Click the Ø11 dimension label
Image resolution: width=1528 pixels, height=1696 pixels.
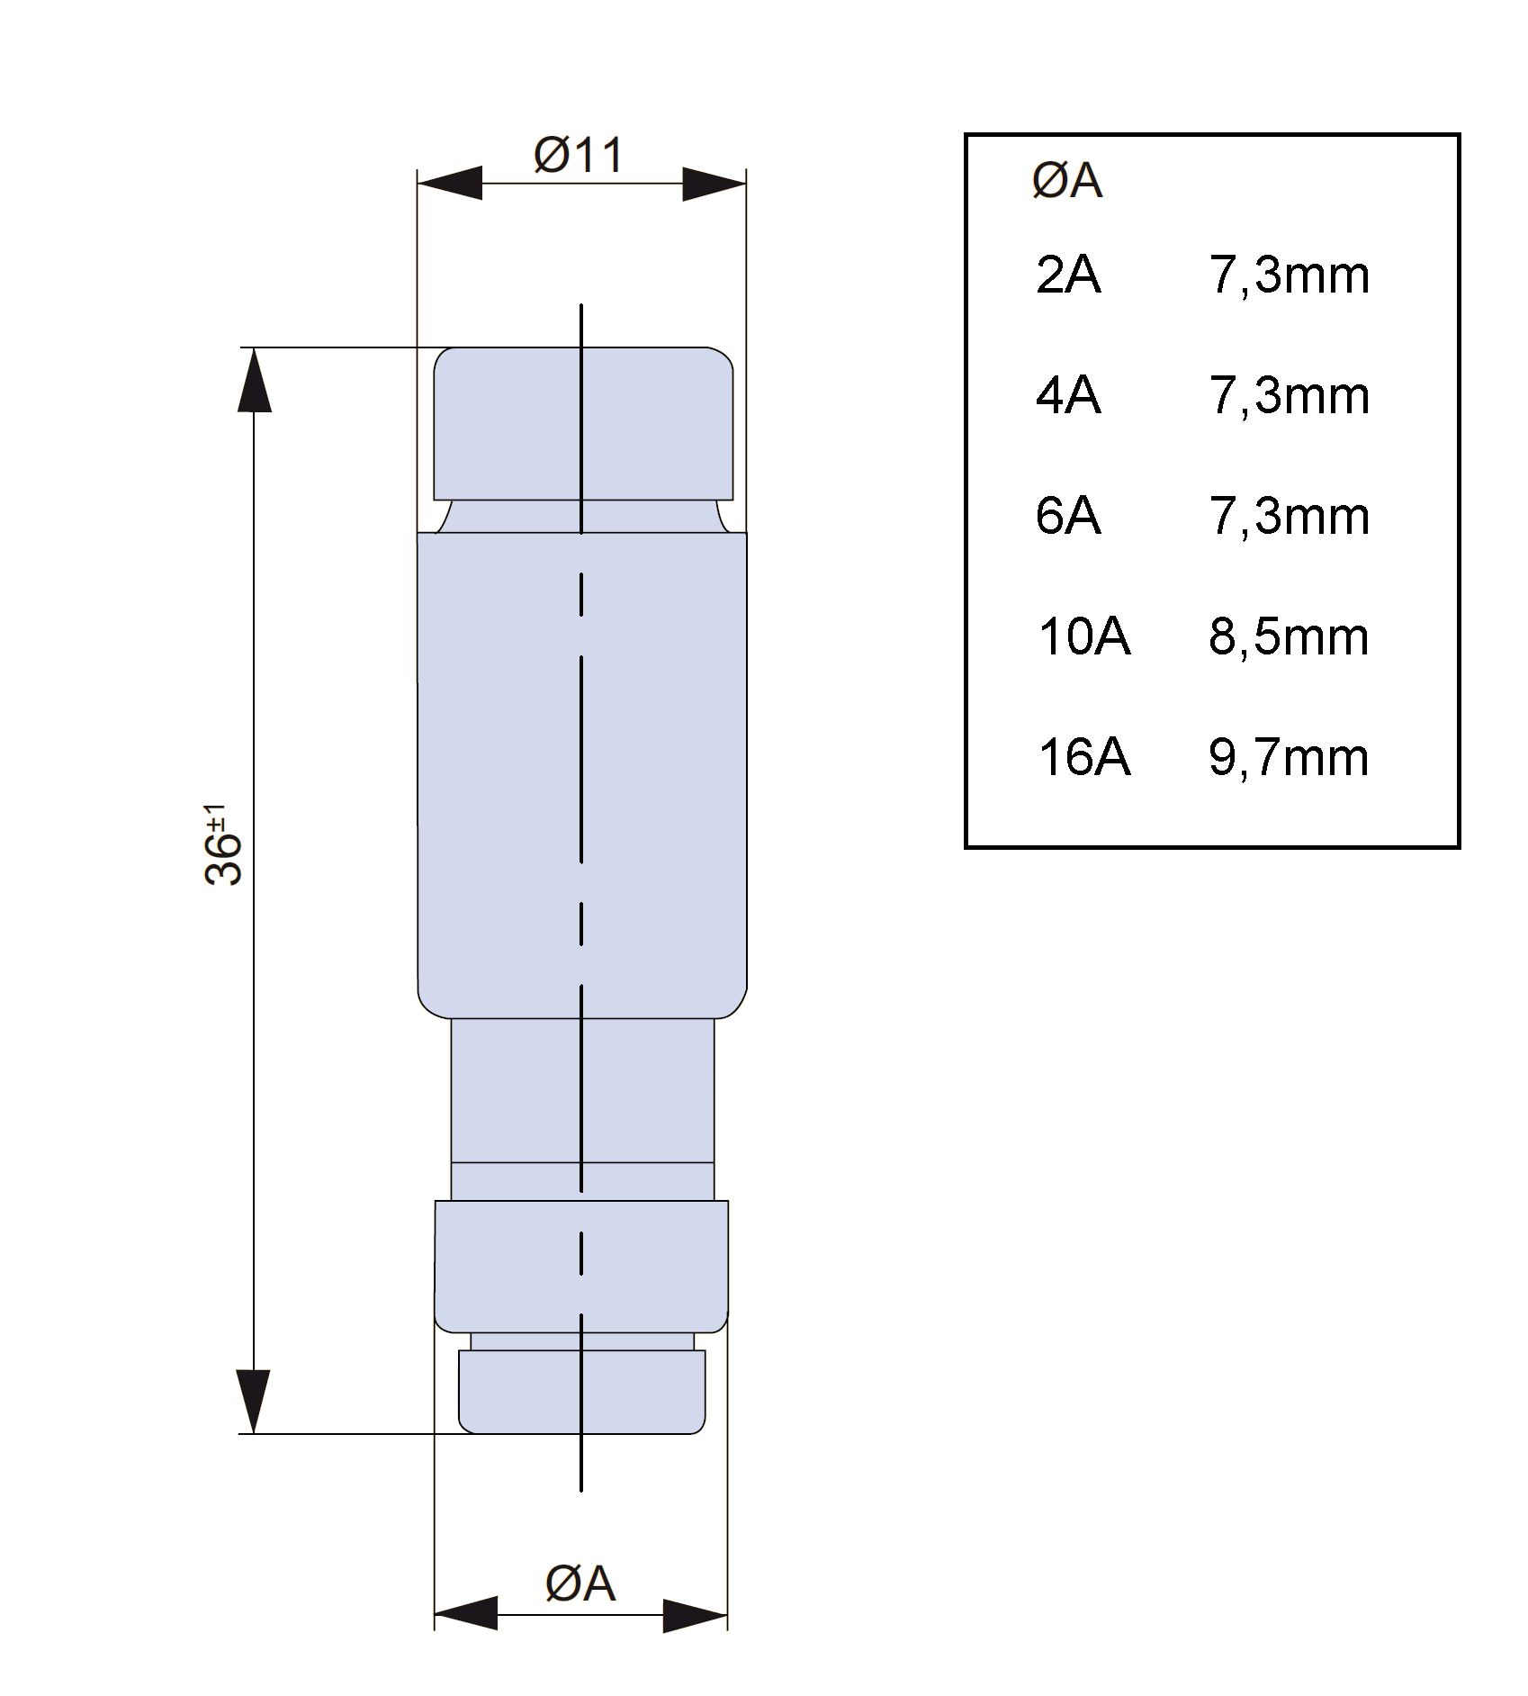[578, 155]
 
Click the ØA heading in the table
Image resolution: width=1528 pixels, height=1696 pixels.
[1067, 181]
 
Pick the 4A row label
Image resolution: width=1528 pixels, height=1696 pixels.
[1068, 395]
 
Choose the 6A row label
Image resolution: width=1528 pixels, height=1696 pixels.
[1068, 516]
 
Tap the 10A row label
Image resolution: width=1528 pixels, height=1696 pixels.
[1083, 636]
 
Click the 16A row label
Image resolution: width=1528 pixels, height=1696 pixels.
[1083, 757]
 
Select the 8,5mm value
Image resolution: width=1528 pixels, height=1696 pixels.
[1289, 637]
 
